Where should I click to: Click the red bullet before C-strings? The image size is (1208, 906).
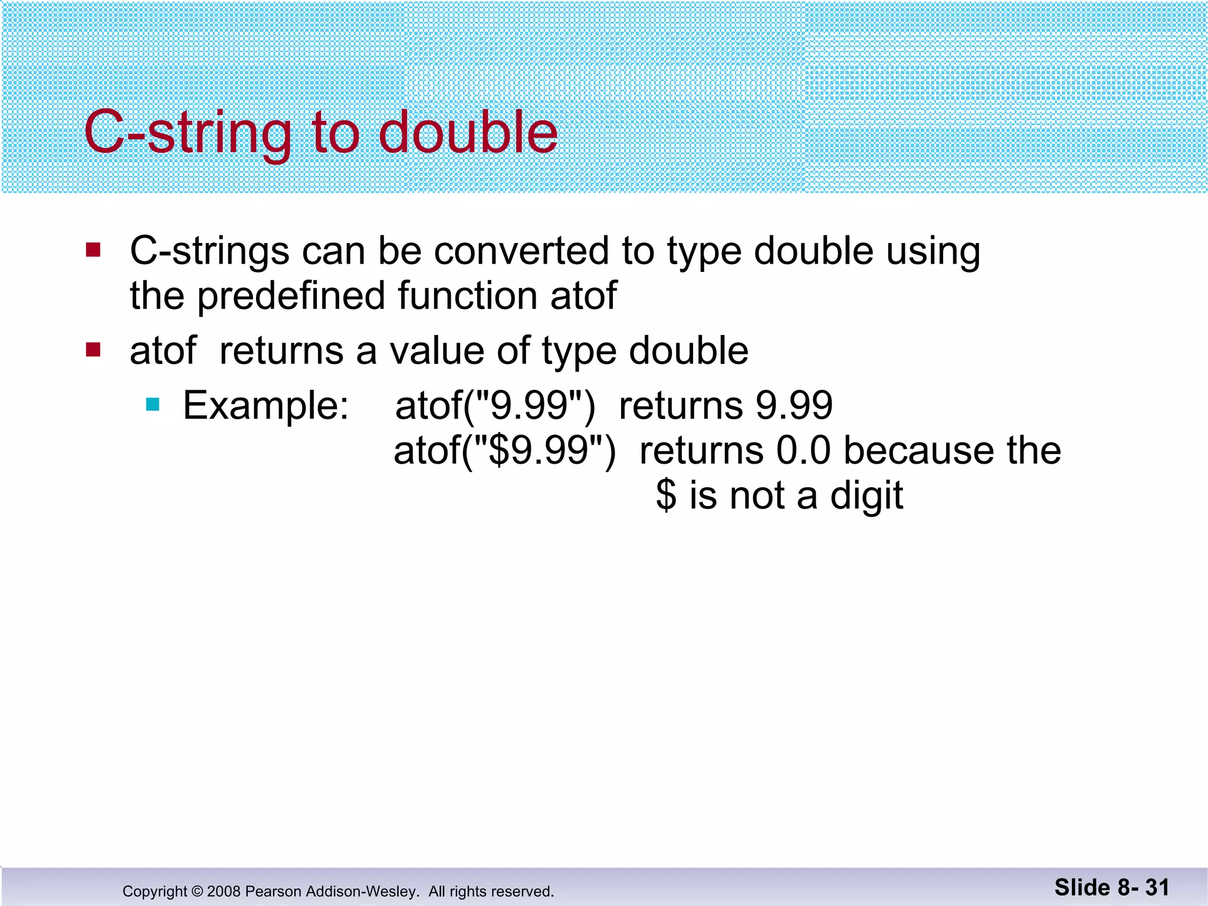pyautogui.click(x=93, y=250)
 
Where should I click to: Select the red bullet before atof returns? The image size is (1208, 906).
pyautogui.click(x=93, y=350)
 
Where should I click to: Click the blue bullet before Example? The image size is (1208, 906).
pyautogui.click(x=153, y=405)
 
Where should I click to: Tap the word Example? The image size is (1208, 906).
pyautogui.click(x=266, y=406)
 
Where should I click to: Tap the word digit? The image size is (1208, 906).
pyautogui.click(x=866, y=495)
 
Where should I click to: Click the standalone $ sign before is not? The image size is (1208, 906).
pyautogui.click(x=666, y=495)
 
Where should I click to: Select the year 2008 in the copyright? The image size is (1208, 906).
pyautogui.click(x=224, y=891)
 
